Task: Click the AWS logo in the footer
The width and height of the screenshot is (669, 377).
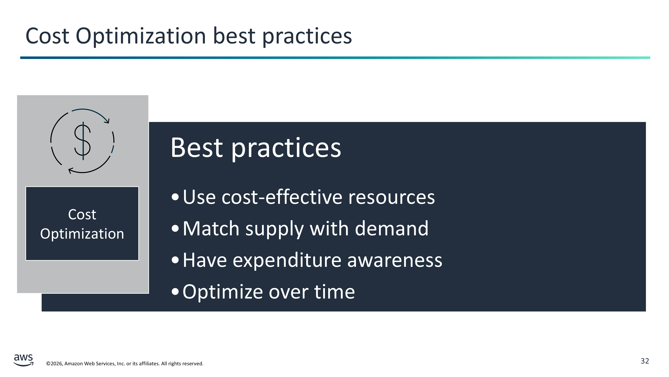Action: pyautogui.click(x=23, y=360)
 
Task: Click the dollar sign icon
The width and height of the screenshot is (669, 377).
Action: pyautogui.click(x=83, y=141)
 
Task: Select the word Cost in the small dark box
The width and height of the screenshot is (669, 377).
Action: pyautogui.click(x=82, y=215)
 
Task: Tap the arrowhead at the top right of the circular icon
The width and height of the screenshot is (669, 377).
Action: pyautogui.click(x=107, y=121)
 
